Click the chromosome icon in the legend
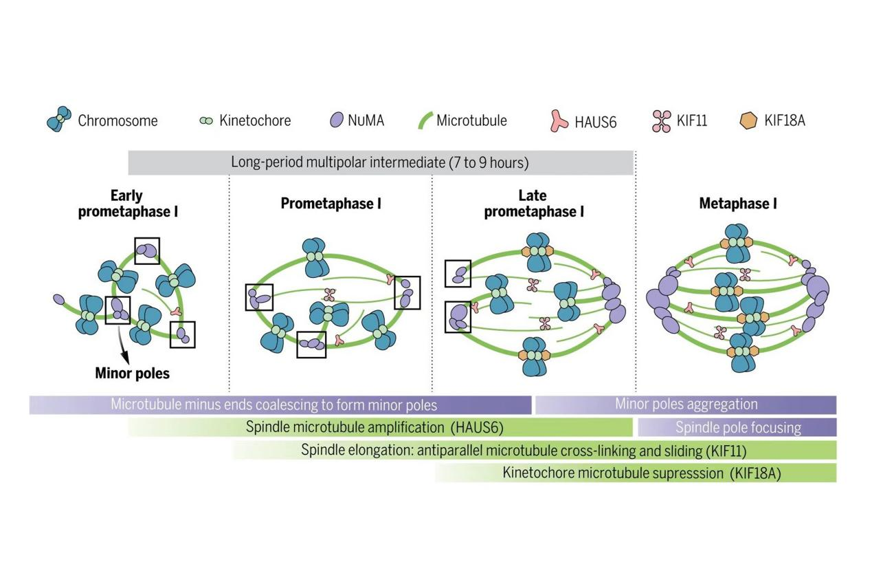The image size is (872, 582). pyautogui.click(x=59, y=120)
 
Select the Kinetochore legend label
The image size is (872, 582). pyautogui.click(x=255, y=120)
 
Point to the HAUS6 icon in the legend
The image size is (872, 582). pyautogui.click(x=561, y=121)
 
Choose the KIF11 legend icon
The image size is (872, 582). pyautogui.click(x=660, y=121)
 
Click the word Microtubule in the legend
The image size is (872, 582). pyautogui.click(x=471, y=120)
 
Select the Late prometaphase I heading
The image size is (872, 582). pyautogui.click(x=533, y=204)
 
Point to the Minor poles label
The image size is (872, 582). pyautogui.click(x=133, y=374)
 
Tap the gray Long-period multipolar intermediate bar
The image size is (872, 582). pyautogui.click(x=381, y=163)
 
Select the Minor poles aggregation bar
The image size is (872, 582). pyautogui.click(x=685, y=405)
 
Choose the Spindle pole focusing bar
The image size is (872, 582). pyautogui.click(x=737, y=427)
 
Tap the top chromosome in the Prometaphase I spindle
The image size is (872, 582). pyautogui.click(x=315, y=255)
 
